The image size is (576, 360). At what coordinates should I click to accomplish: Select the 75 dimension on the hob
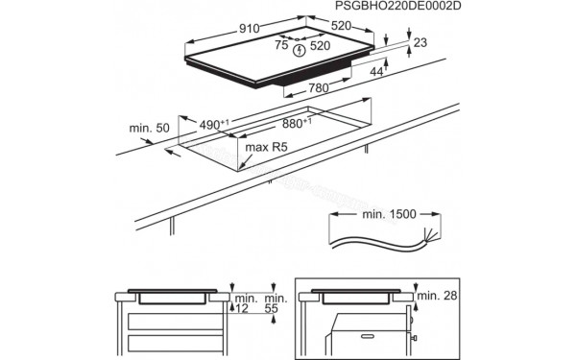(x=281, y=43)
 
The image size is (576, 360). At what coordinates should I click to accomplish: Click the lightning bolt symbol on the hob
(x=300, y=51)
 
